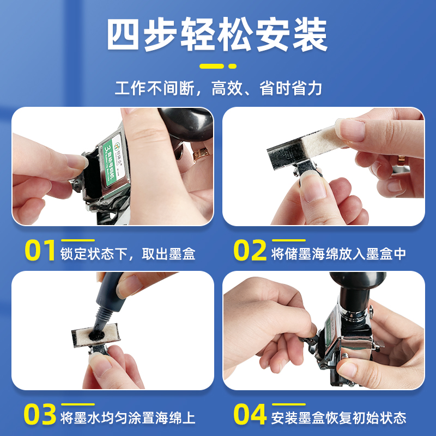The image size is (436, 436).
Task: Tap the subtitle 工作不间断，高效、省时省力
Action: (218, 88)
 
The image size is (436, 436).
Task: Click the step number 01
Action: (40, 252)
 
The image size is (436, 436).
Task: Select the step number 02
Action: (250, 252)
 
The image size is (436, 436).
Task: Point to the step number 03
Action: (40, 415)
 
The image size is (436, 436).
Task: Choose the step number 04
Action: (251, 415)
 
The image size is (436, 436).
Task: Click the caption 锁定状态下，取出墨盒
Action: (129, 253)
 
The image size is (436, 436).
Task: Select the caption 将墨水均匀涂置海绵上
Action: (129, 418)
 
